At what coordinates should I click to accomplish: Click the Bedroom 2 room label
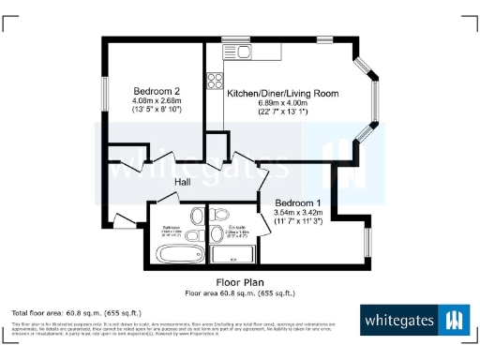[x=156, y=91]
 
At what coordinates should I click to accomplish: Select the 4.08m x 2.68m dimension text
[x=156, y=100]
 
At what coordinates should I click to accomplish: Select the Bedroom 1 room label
[x=298, y=203]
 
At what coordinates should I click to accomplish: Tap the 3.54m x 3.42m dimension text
[x=298, y=213]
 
